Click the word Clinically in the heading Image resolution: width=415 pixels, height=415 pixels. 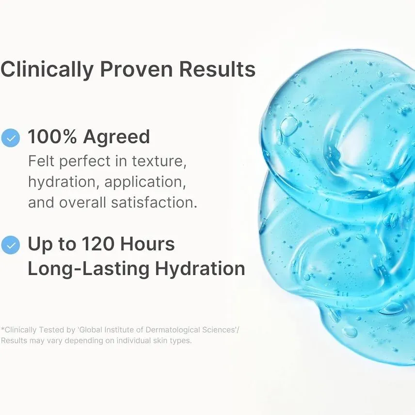(47, 69)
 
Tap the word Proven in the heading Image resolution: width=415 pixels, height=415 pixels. (136, 69)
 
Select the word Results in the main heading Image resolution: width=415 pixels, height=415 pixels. (217, 69)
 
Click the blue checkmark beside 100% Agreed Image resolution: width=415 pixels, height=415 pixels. (11, 138)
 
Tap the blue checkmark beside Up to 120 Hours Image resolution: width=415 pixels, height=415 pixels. (11, 245)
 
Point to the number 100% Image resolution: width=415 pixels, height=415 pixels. (52, 137)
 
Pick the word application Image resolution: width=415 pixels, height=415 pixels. (145, 183)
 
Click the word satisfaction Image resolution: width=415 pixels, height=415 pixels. (154, 203)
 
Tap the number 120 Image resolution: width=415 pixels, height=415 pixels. (98, 244)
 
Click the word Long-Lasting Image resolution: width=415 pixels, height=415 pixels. (89, 270)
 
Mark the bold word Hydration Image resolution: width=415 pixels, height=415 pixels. (200, 270)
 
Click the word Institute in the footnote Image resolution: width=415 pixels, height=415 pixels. (120, 330)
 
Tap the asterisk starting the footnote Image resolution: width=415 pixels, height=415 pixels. (2, 329)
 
